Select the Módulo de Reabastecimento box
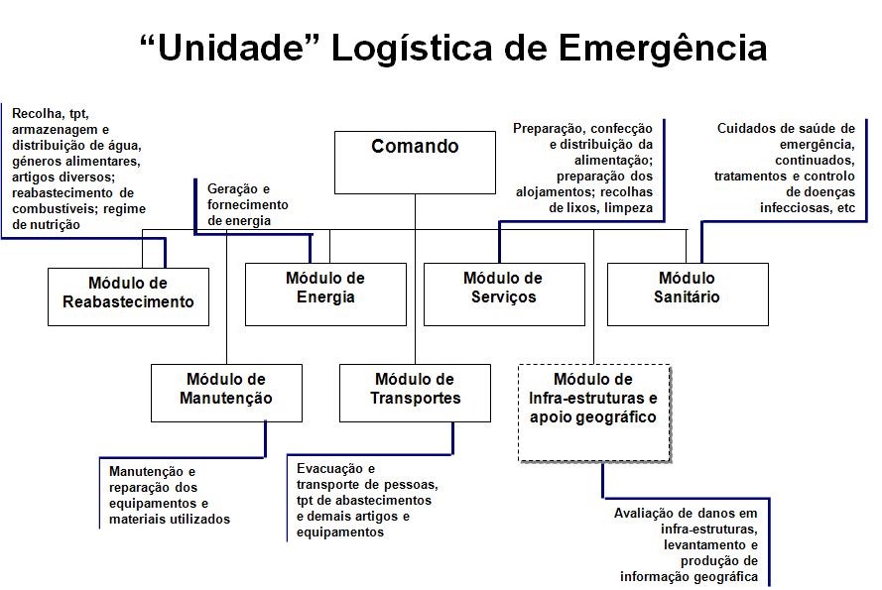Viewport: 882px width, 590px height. click(128, 295)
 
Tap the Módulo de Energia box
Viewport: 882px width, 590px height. click(325, 293)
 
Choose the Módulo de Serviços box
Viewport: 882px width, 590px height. click(504, 293)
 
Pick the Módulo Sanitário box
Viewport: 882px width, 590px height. click(688, 293)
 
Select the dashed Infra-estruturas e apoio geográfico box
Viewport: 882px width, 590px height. click(594, 412)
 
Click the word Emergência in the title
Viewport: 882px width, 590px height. click(663, 47)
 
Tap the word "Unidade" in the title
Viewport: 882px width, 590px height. click(228, 47)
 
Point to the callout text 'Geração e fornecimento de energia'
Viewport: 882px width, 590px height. click(248, 204)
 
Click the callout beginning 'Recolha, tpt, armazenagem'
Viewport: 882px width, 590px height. click(74, 170)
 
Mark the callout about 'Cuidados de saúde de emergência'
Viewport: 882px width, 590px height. click(785, 168)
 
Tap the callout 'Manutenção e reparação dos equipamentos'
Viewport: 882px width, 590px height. click(170, 495)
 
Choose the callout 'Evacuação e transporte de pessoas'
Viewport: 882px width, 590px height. click(366, 500)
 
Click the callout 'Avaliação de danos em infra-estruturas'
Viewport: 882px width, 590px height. click(686, 544)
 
